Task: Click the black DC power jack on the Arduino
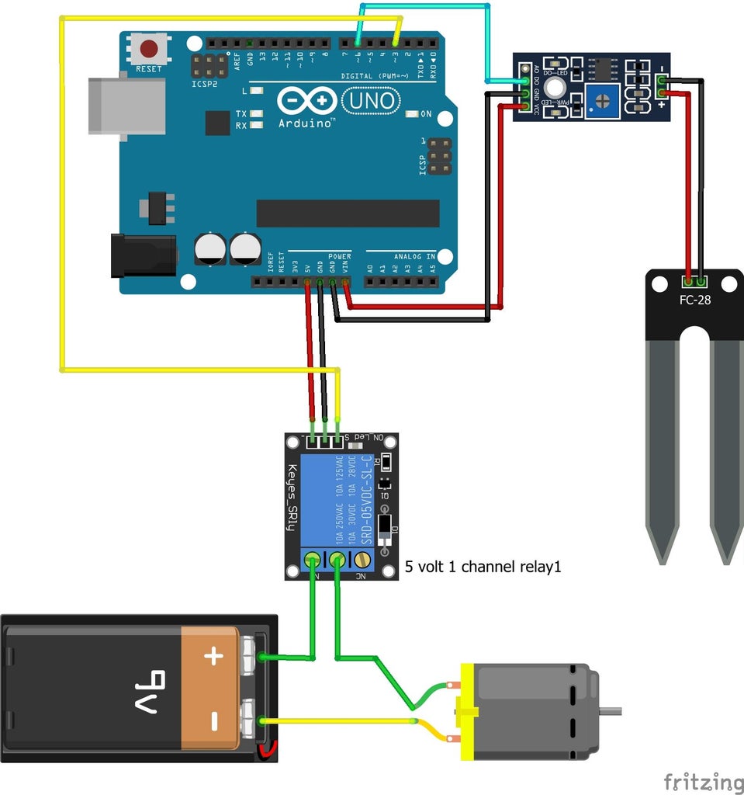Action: click(144, 255)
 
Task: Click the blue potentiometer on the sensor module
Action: click(603, 101)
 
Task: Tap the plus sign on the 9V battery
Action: click(213, 657)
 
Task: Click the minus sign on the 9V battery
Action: click(213, 723)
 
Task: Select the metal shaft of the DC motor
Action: click(610, 710)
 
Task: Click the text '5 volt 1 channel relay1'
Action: click(483, 567)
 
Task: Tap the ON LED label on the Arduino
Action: click(426, 114)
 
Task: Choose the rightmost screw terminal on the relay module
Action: click(362, 559)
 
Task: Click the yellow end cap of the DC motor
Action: click(467, 711)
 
